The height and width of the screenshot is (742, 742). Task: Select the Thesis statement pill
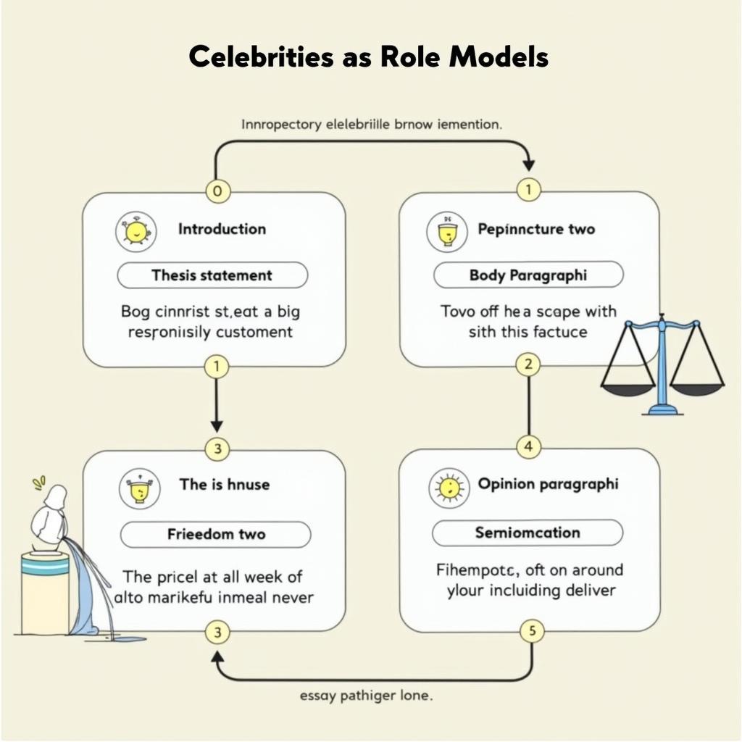point(212,275)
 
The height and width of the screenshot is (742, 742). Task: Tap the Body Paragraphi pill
point(528,275)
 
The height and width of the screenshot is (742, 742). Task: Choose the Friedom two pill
point(215,535)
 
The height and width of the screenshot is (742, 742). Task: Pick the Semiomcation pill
point(527,533)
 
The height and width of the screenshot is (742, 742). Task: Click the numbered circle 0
point(218,191)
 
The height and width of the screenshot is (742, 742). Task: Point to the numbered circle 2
point(528,364)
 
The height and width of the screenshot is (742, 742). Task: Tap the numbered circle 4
point(528,447)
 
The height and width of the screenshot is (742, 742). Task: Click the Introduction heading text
point(222,229)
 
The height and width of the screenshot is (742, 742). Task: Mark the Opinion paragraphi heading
point(548,484)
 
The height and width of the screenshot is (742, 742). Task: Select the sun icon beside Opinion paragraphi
point(449,488)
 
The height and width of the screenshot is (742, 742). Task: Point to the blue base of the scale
point(662,410)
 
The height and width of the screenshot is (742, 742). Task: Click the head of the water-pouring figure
point(56,498)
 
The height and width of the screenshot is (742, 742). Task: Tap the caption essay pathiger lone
point(366,696)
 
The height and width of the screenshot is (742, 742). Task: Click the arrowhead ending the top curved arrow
point(528,165)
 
